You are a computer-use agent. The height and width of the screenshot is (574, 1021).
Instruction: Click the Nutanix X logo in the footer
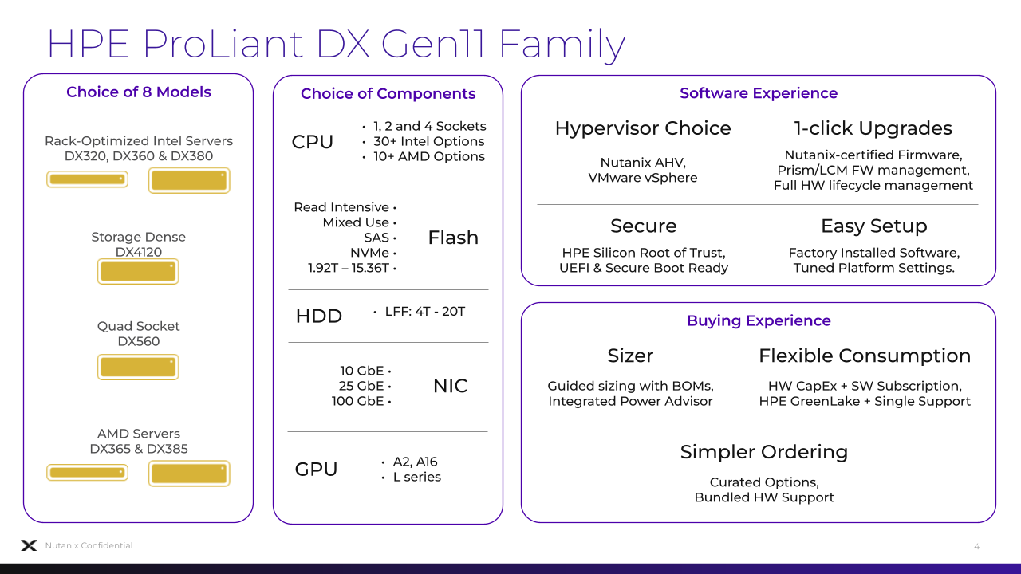[29, 545]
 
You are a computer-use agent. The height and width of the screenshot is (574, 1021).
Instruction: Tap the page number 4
[976, 546]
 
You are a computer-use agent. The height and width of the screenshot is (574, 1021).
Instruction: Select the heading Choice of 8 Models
[139, 92]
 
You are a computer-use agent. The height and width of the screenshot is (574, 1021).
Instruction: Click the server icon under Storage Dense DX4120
[138, 272]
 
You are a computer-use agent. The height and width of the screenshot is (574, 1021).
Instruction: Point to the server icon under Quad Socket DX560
[138, 368]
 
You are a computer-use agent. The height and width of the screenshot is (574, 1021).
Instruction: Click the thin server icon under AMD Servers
[87, 473]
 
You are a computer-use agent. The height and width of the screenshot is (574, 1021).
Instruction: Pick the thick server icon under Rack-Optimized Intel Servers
[189, 180]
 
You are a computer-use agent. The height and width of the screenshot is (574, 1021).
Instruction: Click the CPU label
[312, 142]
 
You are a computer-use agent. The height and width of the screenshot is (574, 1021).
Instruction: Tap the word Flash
[453, 238]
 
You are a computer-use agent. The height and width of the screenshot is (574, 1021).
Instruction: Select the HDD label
[318, 316]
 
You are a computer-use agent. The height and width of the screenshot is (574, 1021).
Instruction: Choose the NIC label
[451, 386]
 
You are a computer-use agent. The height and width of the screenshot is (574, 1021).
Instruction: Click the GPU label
[316, 470]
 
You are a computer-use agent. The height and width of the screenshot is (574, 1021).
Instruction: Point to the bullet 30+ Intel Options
[429, 141]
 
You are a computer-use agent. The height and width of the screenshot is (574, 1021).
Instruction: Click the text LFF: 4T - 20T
[425, 312]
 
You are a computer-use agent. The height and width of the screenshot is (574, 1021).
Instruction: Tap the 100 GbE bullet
[357, 401]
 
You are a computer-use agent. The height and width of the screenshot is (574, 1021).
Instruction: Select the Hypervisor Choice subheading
[643, 128]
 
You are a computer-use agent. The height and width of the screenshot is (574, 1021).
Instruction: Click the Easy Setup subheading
[873, 226]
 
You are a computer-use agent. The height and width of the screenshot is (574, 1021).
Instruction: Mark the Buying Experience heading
[759, 320]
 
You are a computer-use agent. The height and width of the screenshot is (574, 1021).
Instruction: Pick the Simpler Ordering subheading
[764, 452]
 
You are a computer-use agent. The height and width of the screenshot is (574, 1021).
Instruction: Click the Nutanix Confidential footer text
[89, 545]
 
